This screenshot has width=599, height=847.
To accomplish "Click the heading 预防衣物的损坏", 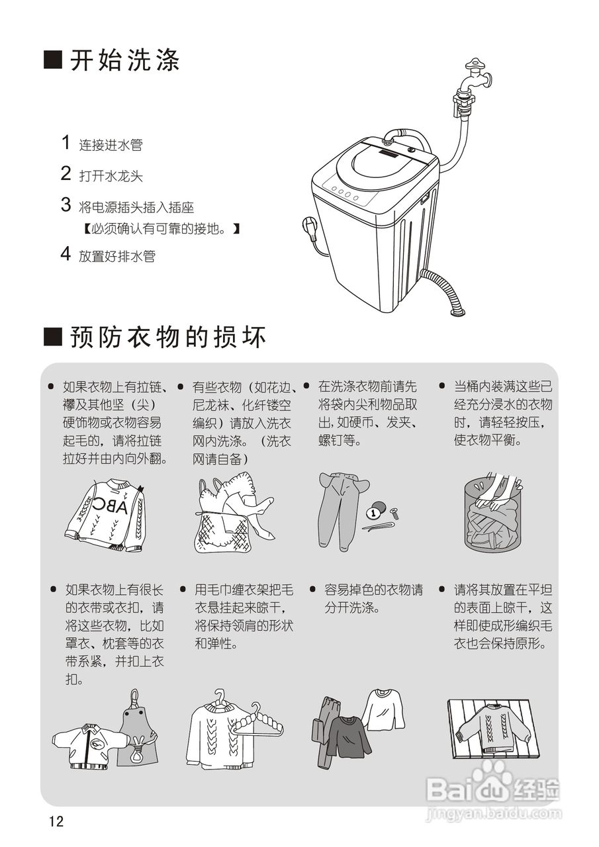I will point(168,337).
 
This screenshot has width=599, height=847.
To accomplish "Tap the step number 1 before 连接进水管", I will point(66,142).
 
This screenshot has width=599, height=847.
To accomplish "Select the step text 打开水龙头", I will point(111,176).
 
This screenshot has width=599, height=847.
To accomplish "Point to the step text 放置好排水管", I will point(117,256).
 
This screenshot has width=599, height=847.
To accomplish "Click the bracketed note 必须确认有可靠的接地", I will point(160,229).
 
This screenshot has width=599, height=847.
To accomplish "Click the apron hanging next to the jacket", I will point(138,735).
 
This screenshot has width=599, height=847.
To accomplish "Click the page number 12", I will point(56,822).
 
